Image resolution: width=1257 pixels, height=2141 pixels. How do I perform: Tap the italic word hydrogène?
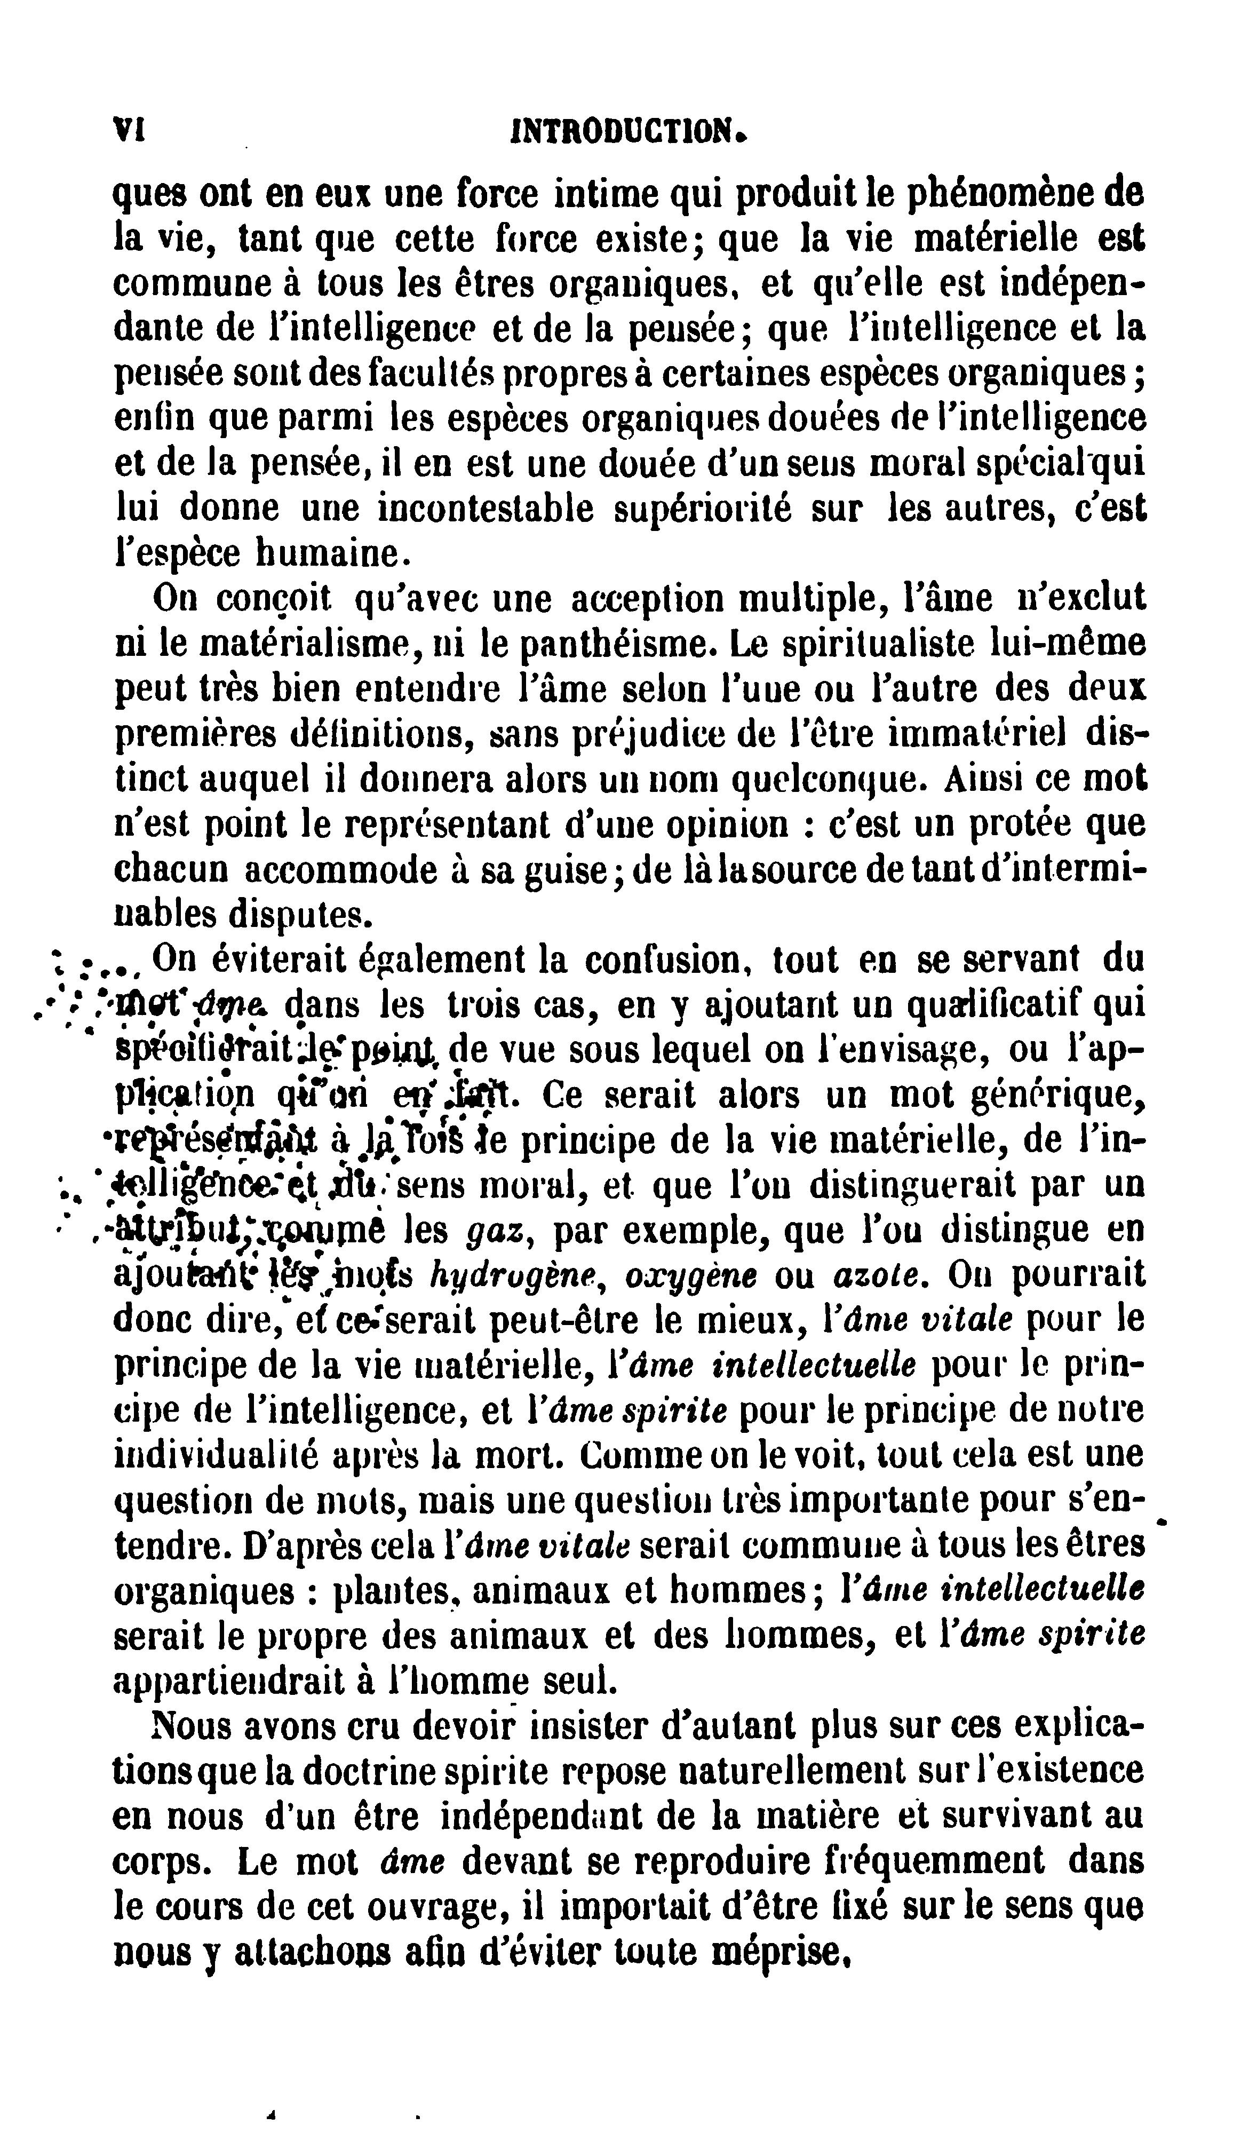pos(521,1275)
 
